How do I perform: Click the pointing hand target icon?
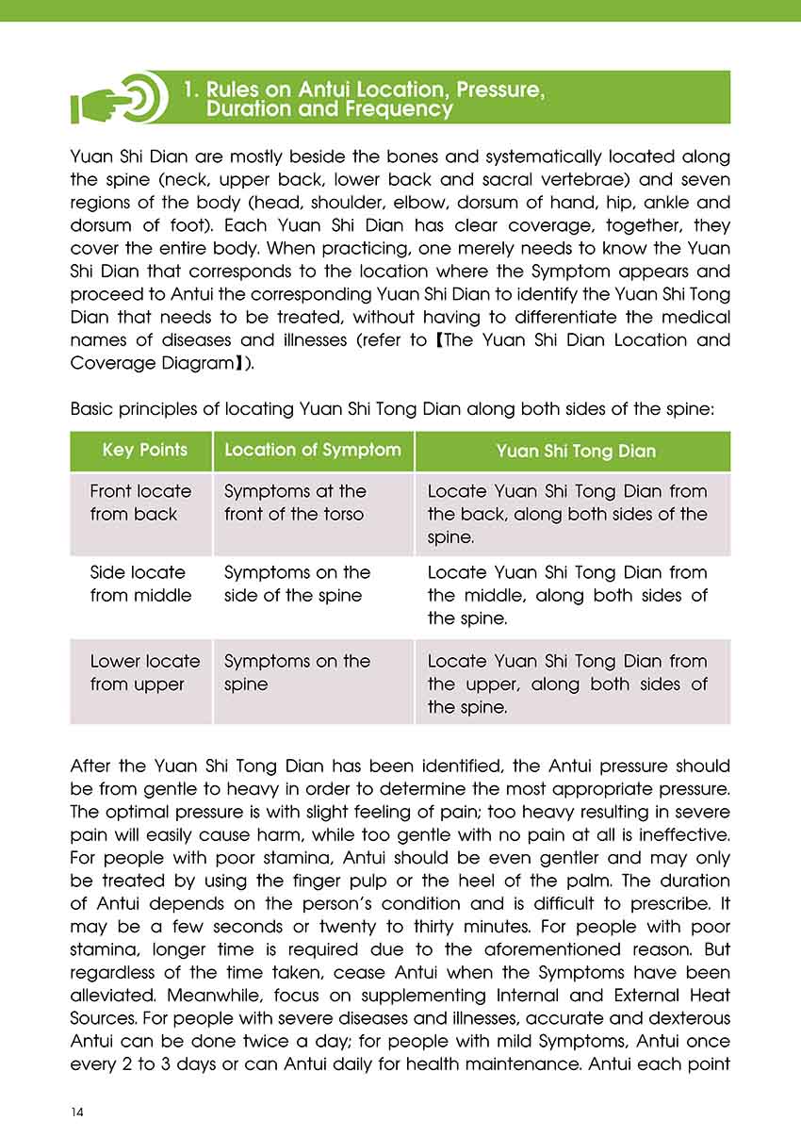pyautogui.click(x=119, y=97)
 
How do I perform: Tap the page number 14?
pyautogui.click(x=77, y=1112)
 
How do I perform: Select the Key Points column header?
pyautogui.click(x=144, y=451)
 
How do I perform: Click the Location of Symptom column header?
pyautogui.click(x=312, y=451)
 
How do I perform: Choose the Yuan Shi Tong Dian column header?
pyautogui.click(x=575, y=452)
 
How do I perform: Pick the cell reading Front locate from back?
pyautogui.click(x=140, y=503)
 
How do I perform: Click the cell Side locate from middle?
pyautogui.click(x=140, y=584)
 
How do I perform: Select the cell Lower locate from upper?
pyautogui.click(x=144, y=672)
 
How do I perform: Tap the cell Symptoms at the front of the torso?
pyautogui.click(x=295, y=503)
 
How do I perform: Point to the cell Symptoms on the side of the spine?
pyautogui.click(x=297, y=584)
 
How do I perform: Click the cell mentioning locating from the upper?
pyautogui.click(x=566, y=684)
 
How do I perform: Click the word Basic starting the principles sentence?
pyautogui.click(x=92, y=410)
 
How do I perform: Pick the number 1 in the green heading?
pyautogui.click(x=189, y=91)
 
